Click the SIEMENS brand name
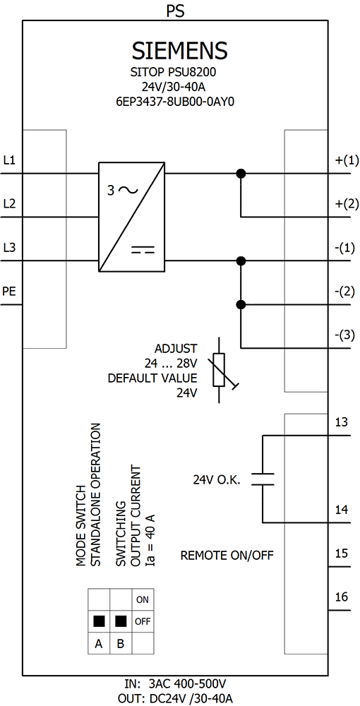pyautogui.click(x=179, y=51)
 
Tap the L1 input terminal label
pyautogui.click(x=9, y=160)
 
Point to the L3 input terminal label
pyautogui.click(x=9, y=248)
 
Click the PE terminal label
pyautogui.click(x=9, y=292)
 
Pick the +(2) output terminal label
pyautogui.click(x=344, y=204)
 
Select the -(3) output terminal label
pyautogui.click(x=345, y=335)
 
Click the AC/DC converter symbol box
pyautogui.click(x=131, y=217)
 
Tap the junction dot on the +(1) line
pyautogui.click(x=241, y=174)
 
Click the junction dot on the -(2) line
pyautogui.click(x=241, y=304)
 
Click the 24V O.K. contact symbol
pyautogui.click(x=263, y=479)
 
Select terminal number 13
pyautogui.click(x=342, y=422)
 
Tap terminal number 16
pyautogui.click(x=342, y=597)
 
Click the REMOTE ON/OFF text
pyautogui.click(x=227, y=555)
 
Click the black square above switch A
pyautogui.click(x=99, y=621)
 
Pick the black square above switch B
pyautogui.click(x=121, y=621)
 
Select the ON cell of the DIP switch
pyautogui.click(x=142, y=599)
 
